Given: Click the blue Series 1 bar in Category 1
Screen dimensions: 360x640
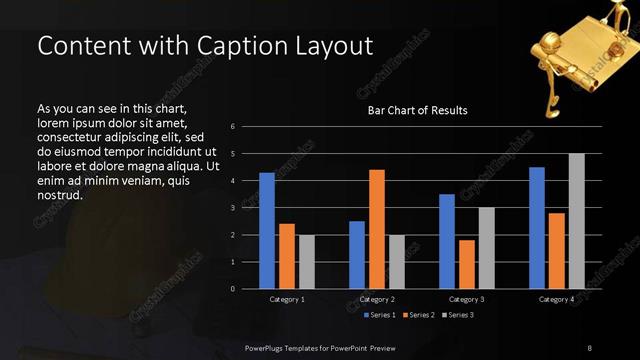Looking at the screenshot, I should tap(267, 231).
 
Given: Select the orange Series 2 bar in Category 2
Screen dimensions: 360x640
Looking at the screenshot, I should tap(376, 229).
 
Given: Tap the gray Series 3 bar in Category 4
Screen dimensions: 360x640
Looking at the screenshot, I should tap(576, 221).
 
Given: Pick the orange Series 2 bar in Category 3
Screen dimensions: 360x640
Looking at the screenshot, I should tap(466, 264).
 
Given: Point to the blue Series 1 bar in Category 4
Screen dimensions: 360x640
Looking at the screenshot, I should tap(537, 228).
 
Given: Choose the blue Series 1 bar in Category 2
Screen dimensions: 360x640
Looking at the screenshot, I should tap(357, 255).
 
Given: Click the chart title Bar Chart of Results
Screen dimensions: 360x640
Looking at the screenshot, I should tap(418, 110).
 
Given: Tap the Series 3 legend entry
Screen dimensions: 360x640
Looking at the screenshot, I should tap(459, 315).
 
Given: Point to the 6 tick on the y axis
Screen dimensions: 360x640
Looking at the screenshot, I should tap(232, 127).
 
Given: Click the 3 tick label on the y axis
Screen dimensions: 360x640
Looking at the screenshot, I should tap(232, 208).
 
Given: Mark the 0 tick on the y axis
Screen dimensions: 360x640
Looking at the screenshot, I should tap(232, 289).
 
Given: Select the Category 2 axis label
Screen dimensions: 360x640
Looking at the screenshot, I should tap(377, 299).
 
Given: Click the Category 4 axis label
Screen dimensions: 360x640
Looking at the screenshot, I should tap(557, 299).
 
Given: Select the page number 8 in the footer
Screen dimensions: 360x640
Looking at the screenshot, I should tap(589, 346).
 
